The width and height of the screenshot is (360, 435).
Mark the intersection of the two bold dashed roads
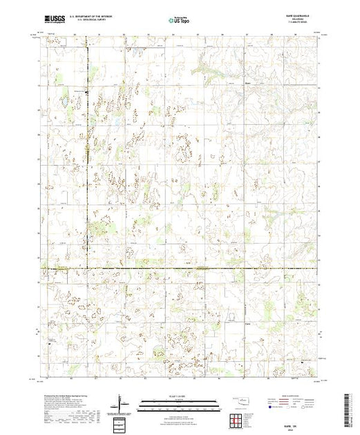(87, 268)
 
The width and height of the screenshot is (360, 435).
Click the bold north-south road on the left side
(87, 173)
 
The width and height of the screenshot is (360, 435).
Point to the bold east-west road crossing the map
(207, 268)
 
